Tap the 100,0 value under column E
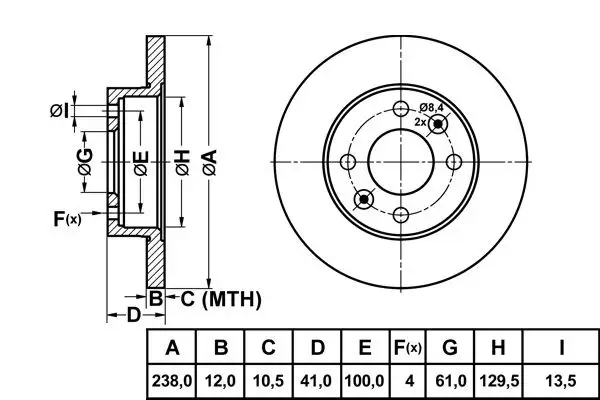tap(365, 381)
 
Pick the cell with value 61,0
tap(450, 381)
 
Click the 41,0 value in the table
tap(317, 381)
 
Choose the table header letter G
tap(450, 349)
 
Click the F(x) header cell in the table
tap(407, 349)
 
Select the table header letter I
tap(562, 349)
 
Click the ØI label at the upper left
tap(59, 110)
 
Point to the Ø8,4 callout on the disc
tap(432, 108)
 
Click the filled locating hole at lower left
tap(364, 200)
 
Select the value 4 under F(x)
tap(407, 381)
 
